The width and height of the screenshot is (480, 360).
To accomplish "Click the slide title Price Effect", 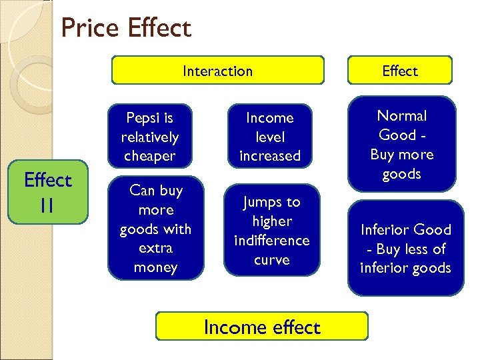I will click(125, 28).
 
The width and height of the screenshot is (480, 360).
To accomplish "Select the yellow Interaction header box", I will click(217, 71).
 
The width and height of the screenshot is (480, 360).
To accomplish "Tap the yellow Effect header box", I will click(400, 71).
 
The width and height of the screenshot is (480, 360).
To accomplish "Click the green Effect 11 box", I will click(47, 192).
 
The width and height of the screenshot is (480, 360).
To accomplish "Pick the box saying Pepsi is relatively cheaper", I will click(149, 137).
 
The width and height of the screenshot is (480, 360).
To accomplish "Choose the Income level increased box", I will click(269, 137).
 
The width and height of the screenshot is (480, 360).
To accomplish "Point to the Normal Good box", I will click(402, 144).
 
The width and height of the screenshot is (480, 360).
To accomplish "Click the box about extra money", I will click(155, 229).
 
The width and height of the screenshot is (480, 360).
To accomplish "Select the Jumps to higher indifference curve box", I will click(271, 230).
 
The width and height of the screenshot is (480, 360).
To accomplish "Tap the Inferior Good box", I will click(405, 249).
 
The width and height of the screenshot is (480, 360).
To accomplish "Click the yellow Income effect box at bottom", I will click(261, 327).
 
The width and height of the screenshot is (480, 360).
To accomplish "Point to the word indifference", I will click(271, 240).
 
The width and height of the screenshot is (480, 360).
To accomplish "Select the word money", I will click(155, 267).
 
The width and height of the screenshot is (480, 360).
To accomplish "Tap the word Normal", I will click(402, 116).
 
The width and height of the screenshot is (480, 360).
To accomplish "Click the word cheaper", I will click(149, 156).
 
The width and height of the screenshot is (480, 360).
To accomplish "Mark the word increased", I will click(269, 156).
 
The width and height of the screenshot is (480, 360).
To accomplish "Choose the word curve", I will click(271, 259).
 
